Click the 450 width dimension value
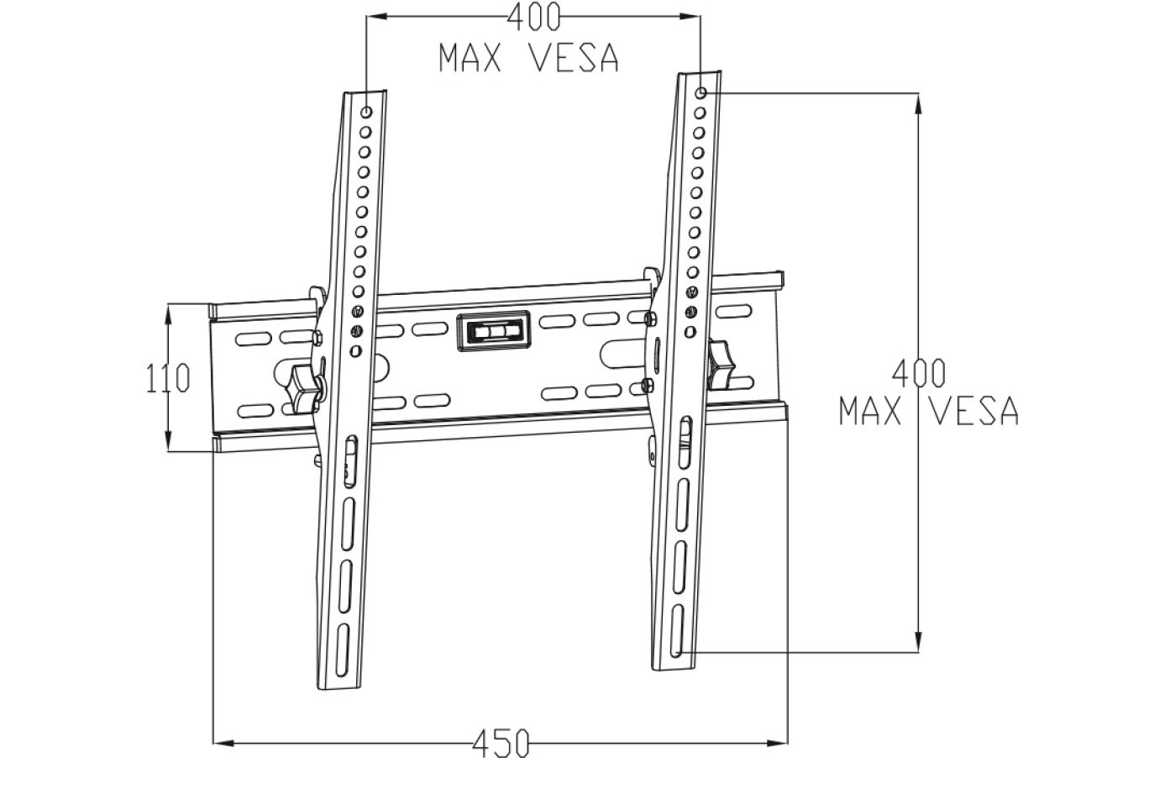(501, 743)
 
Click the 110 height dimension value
(168, 379)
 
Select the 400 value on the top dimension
(533, 17)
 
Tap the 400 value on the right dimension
(919, 371)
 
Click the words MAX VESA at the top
(528, 58)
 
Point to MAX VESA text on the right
(929, 411)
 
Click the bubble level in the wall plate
(493, 330)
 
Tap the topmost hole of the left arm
(366, 112)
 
